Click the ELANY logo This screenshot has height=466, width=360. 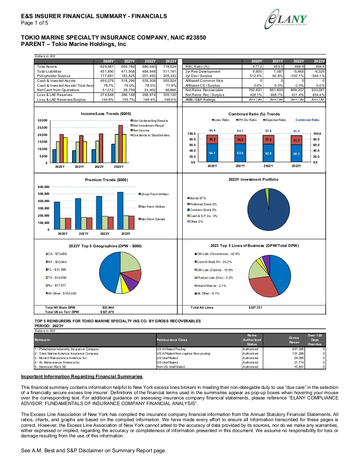pyautogui.click(x=286, y=19)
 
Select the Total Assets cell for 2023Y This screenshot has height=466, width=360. pyautogui.click(x=169, y=67)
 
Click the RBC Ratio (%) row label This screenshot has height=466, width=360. pyautogui.click(x=198, y=67)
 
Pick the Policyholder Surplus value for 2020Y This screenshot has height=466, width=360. pyautogui.click(x=107, y=76)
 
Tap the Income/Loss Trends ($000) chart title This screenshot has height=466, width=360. pyautogui.click(x=106, y=114)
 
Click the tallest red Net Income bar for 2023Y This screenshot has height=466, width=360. pyautogui.click(x=121, y=144)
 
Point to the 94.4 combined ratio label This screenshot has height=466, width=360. pyautogui.click(x=212, y=130)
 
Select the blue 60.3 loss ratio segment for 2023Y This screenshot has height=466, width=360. pyautogui.click(x=296, y=153)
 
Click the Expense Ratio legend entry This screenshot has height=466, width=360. pyautogui.click(x=275, y=120)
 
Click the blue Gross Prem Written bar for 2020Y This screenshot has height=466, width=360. pyautogui.click(x=57, y=216)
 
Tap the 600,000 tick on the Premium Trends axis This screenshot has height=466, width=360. pyautogui.click(x=44, y=187)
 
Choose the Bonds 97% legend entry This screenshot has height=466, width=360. pyautogui.click(x=197, y=198)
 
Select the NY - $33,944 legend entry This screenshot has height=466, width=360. pyautogui.click(x=56, y=262)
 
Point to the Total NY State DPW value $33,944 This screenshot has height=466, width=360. pyautogui.click(x=108, y=307)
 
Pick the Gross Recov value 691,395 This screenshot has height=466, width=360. pyautogui.click(x=298, y=349)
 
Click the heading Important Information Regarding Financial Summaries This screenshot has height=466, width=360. pyautogui.click(x=82, y=376)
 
